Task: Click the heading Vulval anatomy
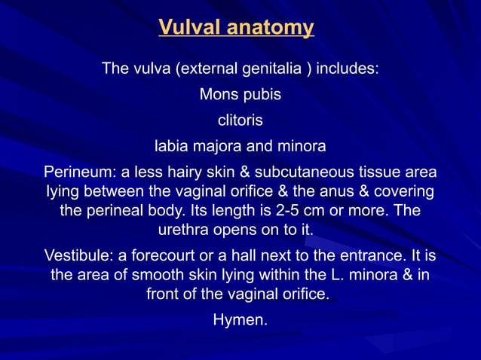tap(236, 29)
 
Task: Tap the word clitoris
tap(240, 120)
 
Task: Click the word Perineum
tap(78, 169)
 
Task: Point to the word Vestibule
tap(78, 252)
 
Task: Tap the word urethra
tap(182, 227)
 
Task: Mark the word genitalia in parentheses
tap(269, 71)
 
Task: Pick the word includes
tap(347, 71)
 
